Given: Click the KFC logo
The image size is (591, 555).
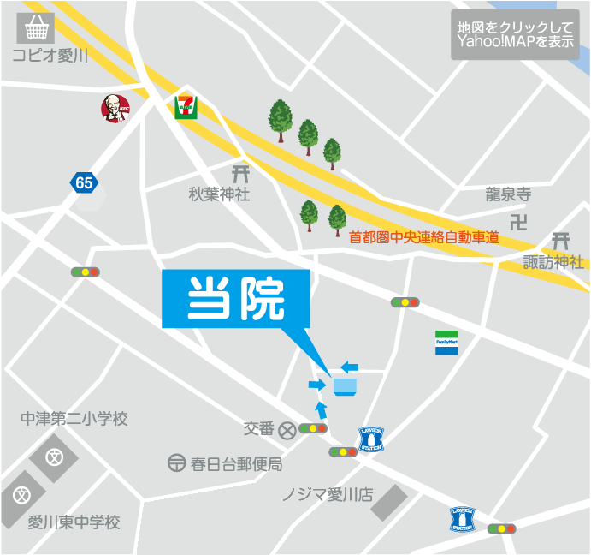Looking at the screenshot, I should (114, 108).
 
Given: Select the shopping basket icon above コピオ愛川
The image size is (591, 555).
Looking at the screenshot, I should (35, 29).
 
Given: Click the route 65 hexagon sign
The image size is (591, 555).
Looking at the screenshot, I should (83, 182).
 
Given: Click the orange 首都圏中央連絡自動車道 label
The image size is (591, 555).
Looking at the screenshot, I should (424, 237).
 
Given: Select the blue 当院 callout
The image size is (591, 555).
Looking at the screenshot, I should (235, 300).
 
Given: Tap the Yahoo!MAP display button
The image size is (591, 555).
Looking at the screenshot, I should (515, 34).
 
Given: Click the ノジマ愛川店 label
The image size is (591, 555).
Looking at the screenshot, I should (328, 495).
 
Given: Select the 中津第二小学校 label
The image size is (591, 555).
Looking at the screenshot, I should (74, 419).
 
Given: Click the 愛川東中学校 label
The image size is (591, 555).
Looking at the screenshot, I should (74, 522).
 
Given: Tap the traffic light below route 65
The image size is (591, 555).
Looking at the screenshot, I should (86, 272).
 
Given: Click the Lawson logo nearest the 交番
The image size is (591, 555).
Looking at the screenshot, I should (371, 439).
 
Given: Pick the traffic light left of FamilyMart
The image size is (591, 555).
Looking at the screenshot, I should (405, 302).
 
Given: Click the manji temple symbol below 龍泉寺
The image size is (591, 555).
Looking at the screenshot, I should (518, 223).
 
